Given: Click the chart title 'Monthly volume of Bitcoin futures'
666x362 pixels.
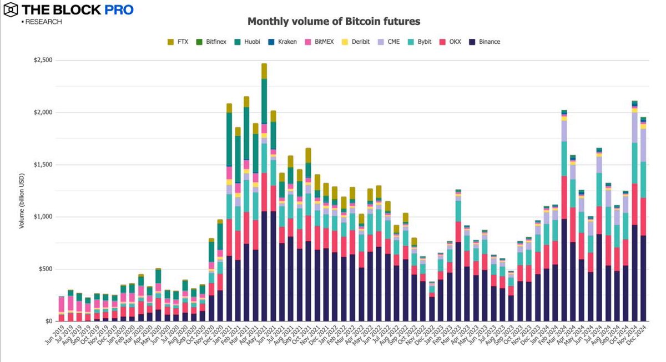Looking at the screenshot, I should click(334, 22).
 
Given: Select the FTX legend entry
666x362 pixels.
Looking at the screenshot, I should click(178, 42).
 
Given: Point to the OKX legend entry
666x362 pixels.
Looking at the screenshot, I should click(450, 42).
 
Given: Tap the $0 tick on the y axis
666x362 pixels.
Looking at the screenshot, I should click(49, 322).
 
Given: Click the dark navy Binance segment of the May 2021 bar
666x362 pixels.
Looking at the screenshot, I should click(264, 266).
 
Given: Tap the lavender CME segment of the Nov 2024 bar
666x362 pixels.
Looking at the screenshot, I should click(634, 128).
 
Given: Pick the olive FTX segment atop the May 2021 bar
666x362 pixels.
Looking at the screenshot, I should click(264, 71).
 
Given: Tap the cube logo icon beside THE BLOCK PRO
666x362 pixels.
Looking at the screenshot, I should click(11, 10).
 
